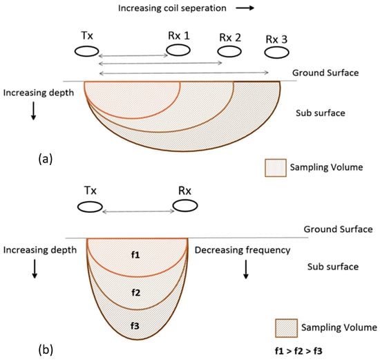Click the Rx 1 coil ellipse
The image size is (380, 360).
[178, 50]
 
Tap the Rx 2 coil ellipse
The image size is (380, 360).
[229, 52]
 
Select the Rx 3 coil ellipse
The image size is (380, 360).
[276, 53]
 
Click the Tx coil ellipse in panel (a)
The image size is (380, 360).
[86, 50]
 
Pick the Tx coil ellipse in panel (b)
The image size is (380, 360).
[91, 206]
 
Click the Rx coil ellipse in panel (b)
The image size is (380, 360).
[186, 206]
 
